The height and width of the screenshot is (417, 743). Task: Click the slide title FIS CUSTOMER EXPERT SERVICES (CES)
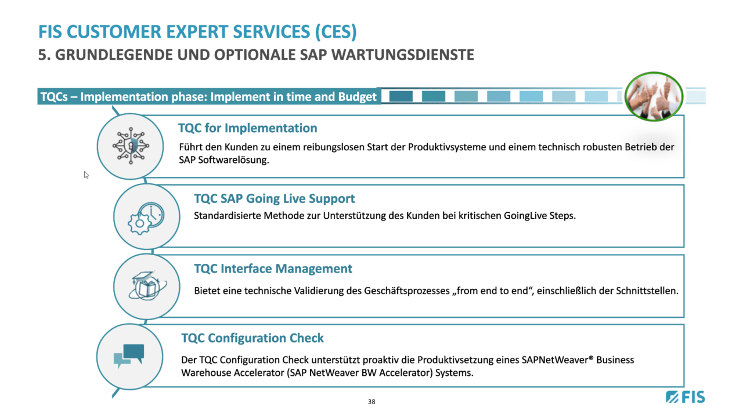[197, 32]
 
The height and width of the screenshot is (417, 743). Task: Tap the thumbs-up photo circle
[654, 96]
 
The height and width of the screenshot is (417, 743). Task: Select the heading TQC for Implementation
[247, 128]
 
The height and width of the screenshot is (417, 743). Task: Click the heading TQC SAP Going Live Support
[275, 198]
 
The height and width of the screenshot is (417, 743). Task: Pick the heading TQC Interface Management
[273, 269]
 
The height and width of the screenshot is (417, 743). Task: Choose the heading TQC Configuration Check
[253, 338]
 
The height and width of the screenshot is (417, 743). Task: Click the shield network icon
[131, 146]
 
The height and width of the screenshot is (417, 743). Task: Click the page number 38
[371, 402]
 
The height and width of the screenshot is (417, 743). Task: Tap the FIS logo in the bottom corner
[686, 397]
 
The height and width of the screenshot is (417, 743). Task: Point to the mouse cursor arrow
[86, 175]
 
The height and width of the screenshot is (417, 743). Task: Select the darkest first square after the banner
[401, 96]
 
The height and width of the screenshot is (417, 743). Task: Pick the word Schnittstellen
[647, 291]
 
